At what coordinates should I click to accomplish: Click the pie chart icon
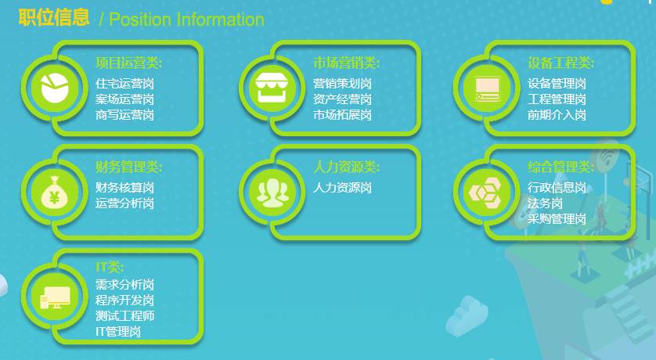pos(54,88)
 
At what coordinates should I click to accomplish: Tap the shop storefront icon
pos(272,88)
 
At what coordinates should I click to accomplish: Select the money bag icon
pos(54,192)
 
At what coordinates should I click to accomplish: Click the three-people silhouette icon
pos(272,193)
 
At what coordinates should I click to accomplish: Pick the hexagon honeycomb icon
pos(486,193)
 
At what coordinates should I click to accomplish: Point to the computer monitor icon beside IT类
pos(55,297)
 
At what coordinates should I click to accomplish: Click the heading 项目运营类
pos(129,63)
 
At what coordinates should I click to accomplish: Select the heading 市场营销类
pos(347,63)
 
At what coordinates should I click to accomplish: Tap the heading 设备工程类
pos(560,63)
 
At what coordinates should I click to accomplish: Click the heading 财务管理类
pos(129,167)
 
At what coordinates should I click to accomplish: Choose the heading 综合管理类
pos(560,167)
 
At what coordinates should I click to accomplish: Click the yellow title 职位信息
pos(54,17)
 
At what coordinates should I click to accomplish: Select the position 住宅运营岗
pos(124,84)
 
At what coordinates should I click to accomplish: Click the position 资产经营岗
pos(342,99)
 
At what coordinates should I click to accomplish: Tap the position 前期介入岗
pos(557,115)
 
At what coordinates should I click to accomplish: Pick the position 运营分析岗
pos(124,203)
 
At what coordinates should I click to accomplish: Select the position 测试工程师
pos(124,315)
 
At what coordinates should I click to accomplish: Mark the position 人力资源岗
pos(342,188)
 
